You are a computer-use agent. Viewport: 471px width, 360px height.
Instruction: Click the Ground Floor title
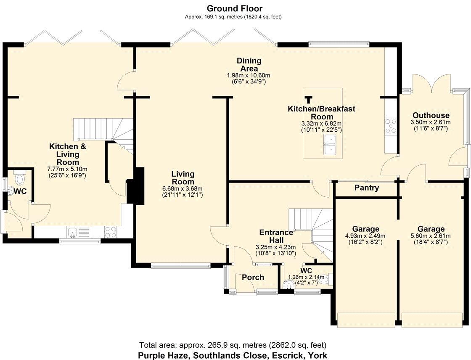click(235, 8)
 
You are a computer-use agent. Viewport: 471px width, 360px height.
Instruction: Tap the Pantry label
click(366, 188)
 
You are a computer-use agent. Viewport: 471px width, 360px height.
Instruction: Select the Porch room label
click(253, 278)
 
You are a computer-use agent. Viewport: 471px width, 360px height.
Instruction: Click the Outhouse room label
click(431, 115)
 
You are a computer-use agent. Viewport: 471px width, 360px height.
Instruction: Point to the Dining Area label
click(249, 65)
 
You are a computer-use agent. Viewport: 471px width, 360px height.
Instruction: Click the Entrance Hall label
click(276, 236)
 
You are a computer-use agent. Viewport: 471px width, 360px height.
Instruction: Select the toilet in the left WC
click(20, 178)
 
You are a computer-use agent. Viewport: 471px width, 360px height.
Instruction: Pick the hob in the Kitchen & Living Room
click(111, 232)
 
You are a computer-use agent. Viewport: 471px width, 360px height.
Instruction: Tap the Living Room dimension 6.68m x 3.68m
click(183, 189)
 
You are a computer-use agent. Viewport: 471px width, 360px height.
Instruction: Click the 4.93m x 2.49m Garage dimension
click(365, 236)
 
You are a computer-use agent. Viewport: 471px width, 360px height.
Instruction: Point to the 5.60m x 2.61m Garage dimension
click(431, 236)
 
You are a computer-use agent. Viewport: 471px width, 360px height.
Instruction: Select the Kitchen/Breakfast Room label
click(321, 112)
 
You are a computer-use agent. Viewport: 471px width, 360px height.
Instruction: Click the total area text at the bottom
click(233, 345)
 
